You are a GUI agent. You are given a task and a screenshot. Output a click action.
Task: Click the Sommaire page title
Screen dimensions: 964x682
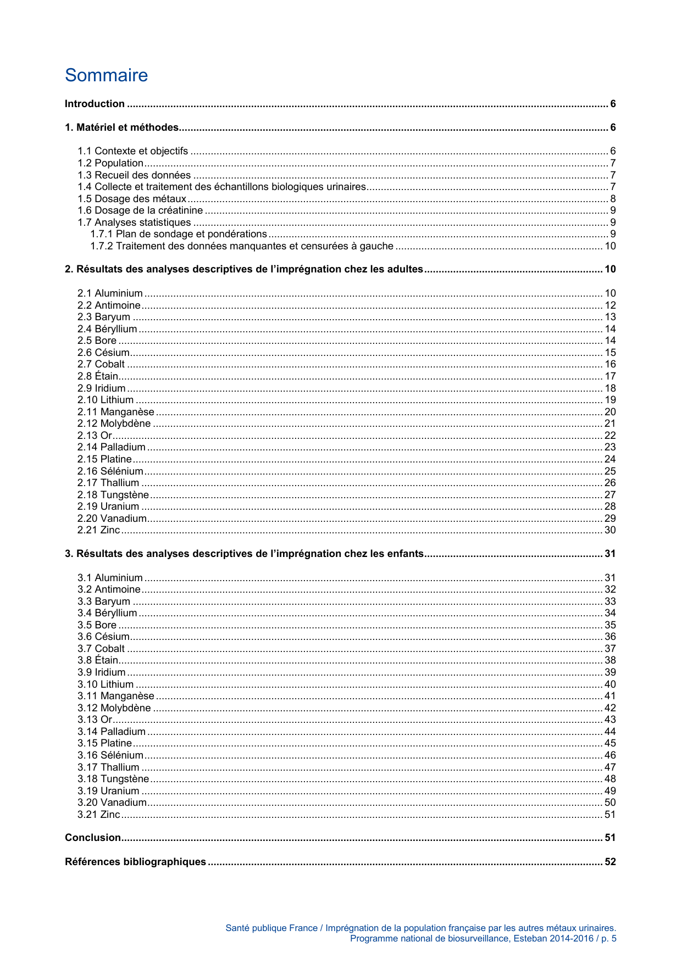coord(106,75)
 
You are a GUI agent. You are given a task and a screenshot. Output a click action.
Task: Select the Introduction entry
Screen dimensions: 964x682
coord(95,104)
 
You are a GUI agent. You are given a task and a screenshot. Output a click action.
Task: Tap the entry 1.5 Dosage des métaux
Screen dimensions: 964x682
coord(132,199)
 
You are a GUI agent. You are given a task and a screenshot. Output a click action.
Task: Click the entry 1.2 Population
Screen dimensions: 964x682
coord(110,163)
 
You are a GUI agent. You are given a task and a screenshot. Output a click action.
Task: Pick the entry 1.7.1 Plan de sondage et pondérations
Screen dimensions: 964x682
coord(179,234)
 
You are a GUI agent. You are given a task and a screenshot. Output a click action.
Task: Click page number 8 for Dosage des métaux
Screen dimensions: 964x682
coord(613,199)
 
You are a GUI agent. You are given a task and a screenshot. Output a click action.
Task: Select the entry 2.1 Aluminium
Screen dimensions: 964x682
coord(110,293)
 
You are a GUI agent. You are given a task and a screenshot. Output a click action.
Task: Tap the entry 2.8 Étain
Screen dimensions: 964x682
coord(98,376)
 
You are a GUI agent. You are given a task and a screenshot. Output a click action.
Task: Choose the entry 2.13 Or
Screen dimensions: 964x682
coord(95,436)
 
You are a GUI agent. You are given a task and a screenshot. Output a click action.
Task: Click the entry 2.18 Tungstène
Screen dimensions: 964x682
coord(113,495)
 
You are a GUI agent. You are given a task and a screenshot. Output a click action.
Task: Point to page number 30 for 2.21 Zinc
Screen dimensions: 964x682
coord(610,530)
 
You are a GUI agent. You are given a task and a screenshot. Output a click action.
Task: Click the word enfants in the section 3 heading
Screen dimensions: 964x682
coord(404,554)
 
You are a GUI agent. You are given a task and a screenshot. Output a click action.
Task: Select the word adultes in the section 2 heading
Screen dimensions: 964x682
coord(405,269)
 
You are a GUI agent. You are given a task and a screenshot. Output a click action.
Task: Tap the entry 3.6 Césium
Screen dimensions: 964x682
coord(103,637)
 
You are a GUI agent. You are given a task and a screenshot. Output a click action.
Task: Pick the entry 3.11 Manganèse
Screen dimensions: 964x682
coord(116,696)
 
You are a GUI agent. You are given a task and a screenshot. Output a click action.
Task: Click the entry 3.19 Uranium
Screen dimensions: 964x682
coord(108,791)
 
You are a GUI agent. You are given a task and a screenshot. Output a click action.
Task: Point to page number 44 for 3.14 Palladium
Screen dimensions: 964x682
coord(610,732)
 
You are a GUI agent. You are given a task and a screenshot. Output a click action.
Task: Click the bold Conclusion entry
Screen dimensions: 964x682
coord(93,838)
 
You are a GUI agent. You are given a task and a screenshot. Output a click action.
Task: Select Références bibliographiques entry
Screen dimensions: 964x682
coord(135,862)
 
